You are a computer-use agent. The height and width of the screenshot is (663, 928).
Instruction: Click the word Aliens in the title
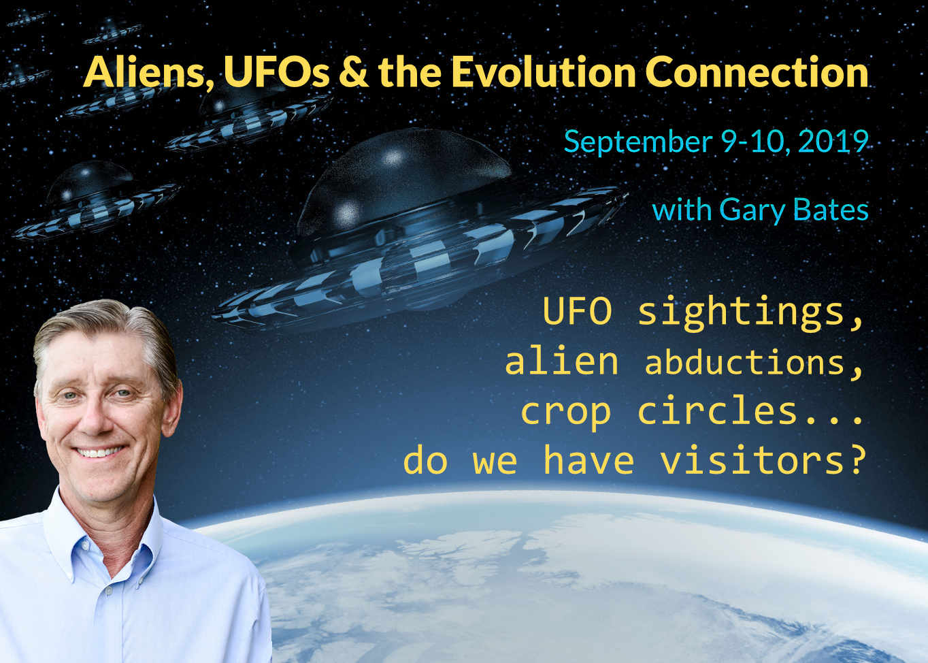tap(145, 73)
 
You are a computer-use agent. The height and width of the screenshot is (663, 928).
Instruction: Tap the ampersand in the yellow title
tap(354, 72)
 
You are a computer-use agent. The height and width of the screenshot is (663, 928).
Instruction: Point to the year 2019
tap(833, 142)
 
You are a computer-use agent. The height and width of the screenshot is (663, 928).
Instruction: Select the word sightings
tap(750, 314)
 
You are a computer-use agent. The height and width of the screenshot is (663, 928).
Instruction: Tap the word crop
tap(565, 415)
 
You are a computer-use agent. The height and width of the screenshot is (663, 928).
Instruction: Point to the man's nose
tap(95, 419)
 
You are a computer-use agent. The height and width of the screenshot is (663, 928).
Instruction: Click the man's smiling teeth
tap(100, 451)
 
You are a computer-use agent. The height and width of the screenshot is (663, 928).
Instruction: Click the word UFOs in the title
tap(276, 72)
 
